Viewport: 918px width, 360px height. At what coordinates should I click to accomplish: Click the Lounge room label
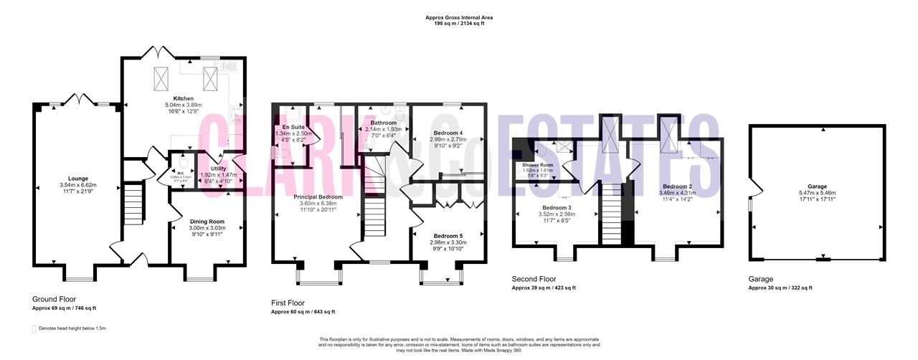pos(78,178)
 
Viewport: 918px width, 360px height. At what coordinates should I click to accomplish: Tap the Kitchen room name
pos(184,98)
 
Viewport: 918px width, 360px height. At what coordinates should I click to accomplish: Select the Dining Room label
pos(207,222)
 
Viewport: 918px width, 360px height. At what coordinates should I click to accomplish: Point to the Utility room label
pos(218,168)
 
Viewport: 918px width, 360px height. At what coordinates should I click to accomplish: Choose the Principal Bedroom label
pos(318,196)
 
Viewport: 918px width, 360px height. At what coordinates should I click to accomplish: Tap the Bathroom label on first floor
pos(384,123)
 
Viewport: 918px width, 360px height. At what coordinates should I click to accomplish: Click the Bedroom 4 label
pos(446,133)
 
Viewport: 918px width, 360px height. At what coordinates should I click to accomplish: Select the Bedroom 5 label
pos(448,235)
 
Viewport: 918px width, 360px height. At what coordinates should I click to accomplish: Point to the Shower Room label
pos(537,165)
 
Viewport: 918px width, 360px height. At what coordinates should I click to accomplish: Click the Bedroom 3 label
pos(555,208)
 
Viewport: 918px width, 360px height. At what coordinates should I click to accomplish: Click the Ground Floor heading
pos(54,299)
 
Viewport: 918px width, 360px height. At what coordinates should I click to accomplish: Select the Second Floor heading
pos(534,279)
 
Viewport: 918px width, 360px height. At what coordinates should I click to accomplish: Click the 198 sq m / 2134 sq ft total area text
pos(458,24)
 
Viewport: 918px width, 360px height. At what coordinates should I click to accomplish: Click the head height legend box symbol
pos(34,328)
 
